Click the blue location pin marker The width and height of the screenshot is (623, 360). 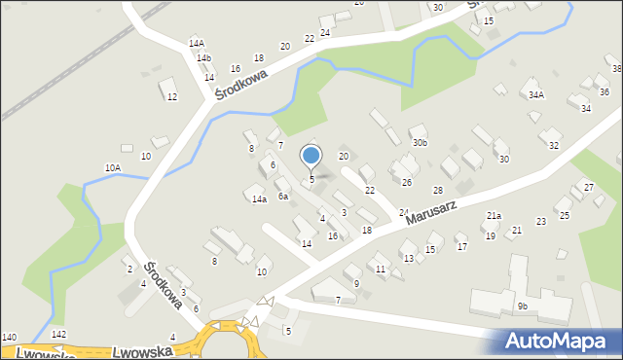[x=311, y=156]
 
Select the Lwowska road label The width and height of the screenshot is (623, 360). [x=135, y=352]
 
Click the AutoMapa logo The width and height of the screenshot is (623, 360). [x=560, y=341]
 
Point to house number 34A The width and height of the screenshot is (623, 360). [x=535, y=95]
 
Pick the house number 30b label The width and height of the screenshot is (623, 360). [x=420, y=143]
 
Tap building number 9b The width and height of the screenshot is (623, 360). [x=522, y=306]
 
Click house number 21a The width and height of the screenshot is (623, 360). [x=494, y=216]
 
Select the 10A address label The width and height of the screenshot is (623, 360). [x=113, y=168]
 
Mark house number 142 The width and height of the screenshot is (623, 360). [x=58, y=334]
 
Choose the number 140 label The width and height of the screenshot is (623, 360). [x=9, y=337]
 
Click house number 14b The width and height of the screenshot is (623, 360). [x=203, y=58]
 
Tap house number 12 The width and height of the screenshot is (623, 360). [x=172, y=96]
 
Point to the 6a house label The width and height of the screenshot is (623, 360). [x=282, y=197]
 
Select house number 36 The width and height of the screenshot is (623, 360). [x=604, y=92]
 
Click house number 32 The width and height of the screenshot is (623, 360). [x=554, y=145]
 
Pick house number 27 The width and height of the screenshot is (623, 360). [x=588, y=186]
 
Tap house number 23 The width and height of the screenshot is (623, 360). [x=540, y=222]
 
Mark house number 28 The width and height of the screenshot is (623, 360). [x=438, y=190]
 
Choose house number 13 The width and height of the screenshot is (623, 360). [x=408, y=258]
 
